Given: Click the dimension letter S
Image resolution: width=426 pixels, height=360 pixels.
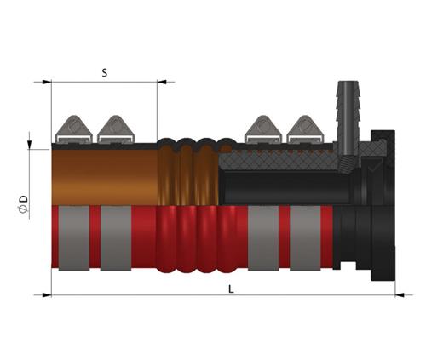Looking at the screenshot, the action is click(x=105, y=73).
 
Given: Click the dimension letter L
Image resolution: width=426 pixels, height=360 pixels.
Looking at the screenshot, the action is click(x=231, y=289).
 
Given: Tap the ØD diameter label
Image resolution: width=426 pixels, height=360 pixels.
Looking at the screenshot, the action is click(x=24, y=203).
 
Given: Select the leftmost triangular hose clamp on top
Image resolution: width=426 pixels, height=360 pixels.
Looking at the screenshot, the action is click(x=73, y=129).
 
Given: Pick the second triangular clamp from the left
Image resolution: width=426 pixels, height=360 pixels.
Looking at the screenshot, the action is click(x=115, y=129).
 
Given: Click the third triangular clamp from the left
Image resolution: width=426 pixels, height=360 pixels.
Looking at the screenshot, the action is click(x=263, y=129).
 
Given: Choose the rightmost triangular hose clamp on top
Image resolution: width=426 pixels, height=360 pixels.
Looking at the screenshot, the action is click(x=305, y=129).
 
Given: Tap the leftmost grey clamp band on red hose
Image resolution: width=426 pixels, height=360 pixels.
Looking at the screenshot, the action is click(x=74, y=238).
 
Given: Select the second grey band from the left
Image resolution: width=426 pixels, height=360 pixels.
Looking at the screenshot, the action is click(x=116, y=238).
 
